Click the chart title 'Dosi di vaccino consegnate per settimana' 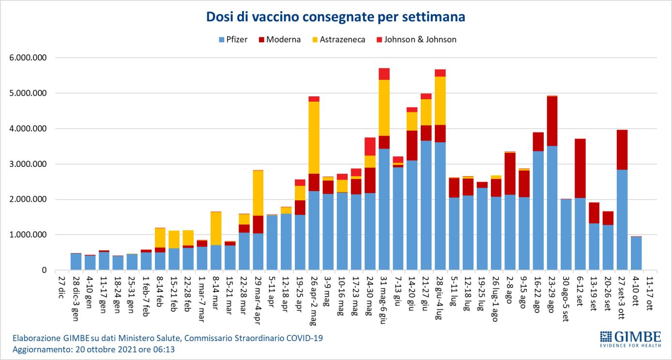coord(336,17)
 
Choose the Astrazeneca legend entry coord(336,40)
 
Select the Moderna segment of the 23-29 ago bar coord(552,121)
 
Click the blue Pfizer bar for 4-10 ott coord(636,253)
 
